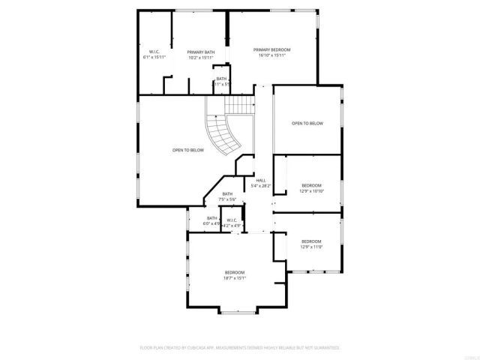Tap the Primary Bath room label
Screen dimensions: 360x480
[x=201, y=52]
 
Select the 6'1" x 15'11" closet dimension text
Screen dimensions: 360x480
[x=154, y=57]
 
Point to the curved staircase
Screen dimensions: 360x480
[x=223, y=134]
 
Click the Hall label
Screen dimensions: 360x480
[x=261, y=180]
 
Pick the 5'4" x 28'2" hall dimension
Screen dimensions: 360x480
[x=261, y=185]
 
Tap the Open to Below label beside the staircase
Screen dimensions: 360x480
[x=188, y=150]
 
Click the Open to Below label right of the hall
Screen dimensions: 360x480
[x=307, y=123]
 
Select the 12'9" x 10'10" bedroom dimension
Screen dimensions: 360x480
[x=311, y=190]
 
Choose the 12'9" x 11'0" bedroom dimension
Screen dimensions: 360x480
[x=311, y=247]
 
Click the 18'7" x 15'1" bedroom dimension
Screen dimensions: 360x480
[x=234, y=277]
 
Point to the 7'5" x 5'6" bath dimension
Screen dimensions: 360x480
[x=227, y=199]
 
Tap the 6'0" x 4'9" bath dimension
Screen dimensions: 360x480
[x=211, y=223]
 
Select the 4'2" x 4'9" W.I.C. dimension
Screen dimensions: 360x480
[x=232, y=225]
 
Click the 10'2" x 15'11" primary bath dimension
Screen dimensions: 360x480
[x=201, y=57]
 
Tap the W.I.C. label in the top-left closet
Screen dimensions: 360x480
[x=154, y=52]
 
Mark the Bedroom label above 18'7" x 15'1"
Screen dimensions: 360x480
[x=234, y=272]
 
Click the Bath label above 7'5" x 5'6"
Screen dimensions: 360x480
[x=227, y=194]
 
